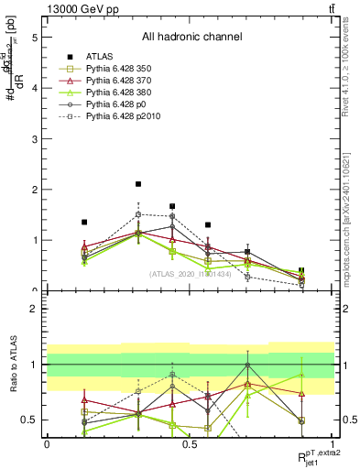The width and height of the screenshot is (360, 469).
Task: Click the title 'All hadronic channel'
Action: [x=191, y=38]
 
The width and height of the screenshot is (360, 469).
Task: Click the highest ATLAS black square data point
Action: [x=138, y=184]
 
